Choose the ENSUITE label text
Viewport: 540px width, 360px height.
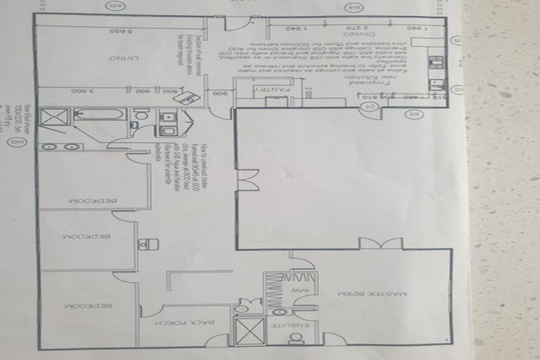click(x=285, y=326)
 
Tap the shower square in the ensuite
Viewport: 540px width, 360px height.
click(x=250, y=331)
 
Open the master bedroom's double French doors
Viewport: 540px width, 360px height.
click(x=380, y=244)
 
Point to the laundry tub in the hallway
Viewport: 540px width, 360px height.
click(x=148, y=245)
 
